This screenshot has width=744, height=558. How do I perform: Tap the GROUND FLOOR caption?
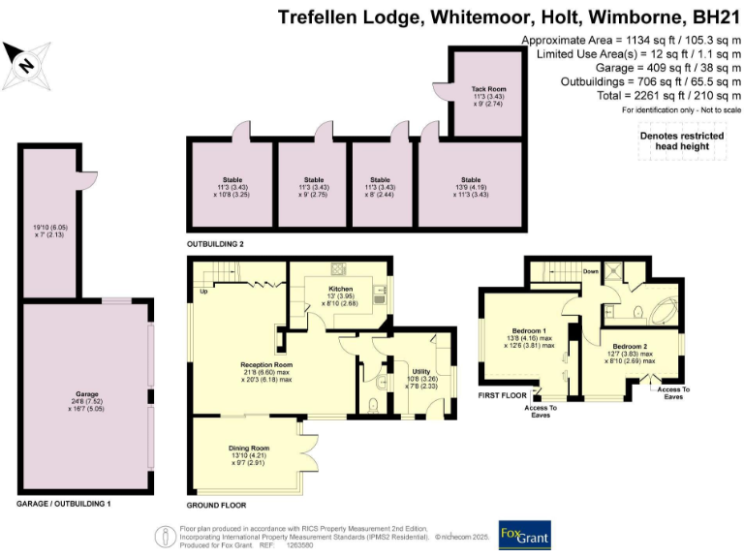point(216,506)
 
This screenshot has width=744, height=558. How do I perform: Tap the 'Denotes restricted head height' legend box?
point(673,140)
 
